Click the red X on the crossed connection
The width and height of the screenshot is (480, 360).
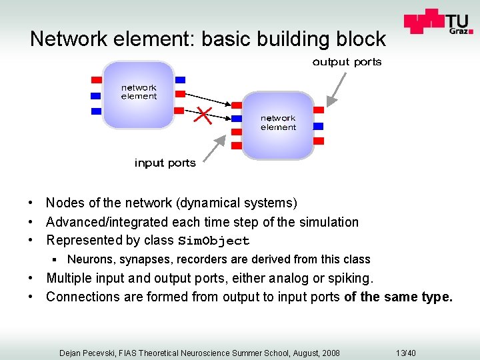pyautogui.click(x=203, y=117)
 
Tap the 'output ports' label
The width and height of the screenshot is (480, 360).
pyautogui.click(x=347, y=62)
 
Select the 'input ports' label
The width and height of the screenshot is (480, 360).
pyautogui.click(x=165, y=163)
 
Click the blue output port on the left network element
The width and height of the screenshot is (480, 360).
pyautogui.click(x=179, y=95)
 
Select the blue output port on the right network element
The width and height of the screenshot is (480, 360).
pyautogui.click(x=318, y=125)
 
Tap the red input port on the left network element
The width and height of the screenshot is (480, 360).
pyautogui.click(x=95, y=81)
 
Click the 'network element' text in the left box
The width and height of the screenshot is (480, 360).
pyautogui.click(x=139, y=92)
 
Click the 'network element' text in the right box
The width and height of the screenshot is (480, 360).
pyautogui.click(x=278, y=123)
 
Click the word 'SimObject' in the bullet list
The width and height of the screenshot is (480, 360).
pyautogui.click(x=213, y=241)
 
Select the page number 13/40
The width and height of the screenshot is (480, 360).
pyautogui.click(x=405, y=353)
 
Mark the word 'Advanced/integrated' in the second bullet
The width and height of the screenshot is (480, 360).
pyautogui.click(x=107, y=222)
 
